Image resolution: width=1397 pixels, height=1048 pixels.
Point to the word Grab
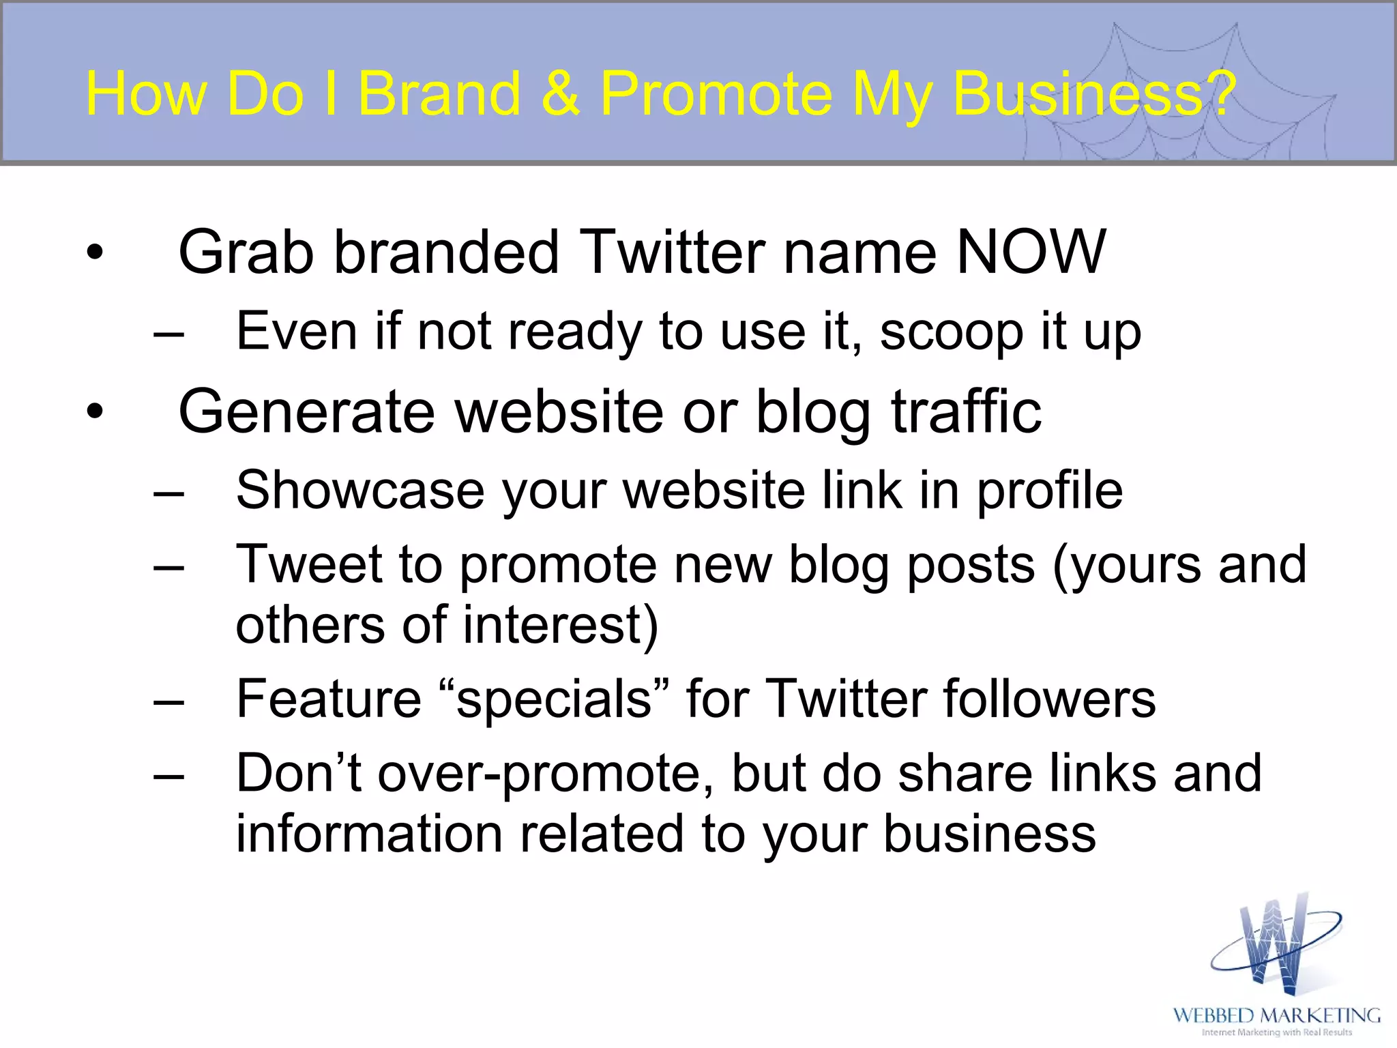coord(246,252)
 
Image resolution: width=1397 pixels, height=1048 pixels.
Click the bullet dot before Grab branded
coord(95,253)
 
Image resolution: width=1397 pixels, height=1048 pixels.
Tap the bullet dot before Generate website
coord(95,412)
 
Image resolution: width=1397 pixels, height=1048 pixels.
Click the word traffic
coord(966,411)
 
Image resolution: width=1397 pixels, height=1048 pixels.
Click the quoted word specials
coord(555,699)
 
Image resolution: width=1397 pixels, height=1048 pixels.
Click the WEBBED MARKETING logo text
coord(1276,1015)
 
